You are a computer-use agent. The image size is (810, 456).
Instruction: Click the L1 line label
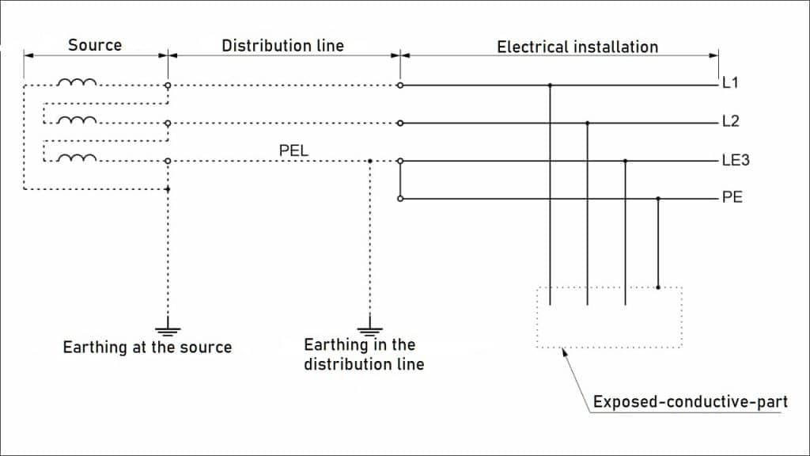(x=730, y=82)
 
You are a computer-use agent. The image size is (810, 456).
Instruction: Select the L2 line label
(x=730, y=122)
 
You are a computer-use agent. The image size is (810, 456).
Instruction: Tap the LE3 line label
(x=736, y=161)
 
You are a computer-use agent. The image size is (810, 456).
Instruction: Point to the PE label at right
(x=732, y=198)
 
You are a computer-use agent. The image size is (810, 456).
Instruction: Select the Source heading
(x=94, y=45)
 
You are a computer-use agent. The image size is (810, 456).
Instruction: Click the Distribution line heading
(x=282, y=46)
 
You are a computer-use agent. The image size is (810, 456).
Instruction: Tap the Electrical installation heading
(x=577, y=47)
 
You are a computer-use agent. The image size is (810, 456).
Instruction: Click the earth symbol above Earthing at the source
(x=168, y=330)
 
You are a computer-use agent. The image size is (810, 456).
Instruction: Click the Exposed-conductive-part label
(x=690, y=402)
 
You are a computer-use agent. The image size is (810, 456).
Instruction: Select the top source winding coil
(x=78, y=82)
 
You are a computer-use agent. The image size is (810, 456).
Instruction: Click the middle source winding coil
(x=78, y=120)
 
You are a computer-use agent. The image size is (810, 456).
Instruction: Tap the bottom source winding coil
(x=78, y=158)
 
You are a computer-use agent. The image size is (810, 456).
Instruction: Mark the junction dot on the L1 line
(x=549, y=85)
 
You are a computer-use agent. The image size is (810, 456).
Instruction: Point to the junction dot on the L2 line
(x=587, y=123)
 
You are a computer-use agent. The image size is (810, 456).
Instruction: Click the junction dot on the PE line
(x=658, y=199)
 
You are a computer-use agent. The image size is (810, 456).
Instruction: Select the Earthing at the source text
(x=147, y=348)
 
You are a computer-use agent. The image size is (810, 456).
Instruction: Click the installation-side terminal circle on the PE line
(x=400, y=199)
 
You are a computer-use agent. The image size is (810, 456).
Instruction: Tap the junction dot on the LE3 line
(x=626, y=161)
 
